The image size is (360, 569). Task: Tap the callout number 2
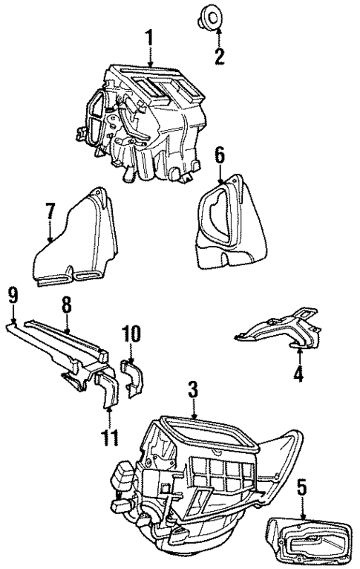click(219, 56)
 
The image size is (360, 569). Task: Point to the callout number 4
click(298, 374)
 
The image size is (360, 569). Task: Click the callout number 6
click(220, 155)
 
